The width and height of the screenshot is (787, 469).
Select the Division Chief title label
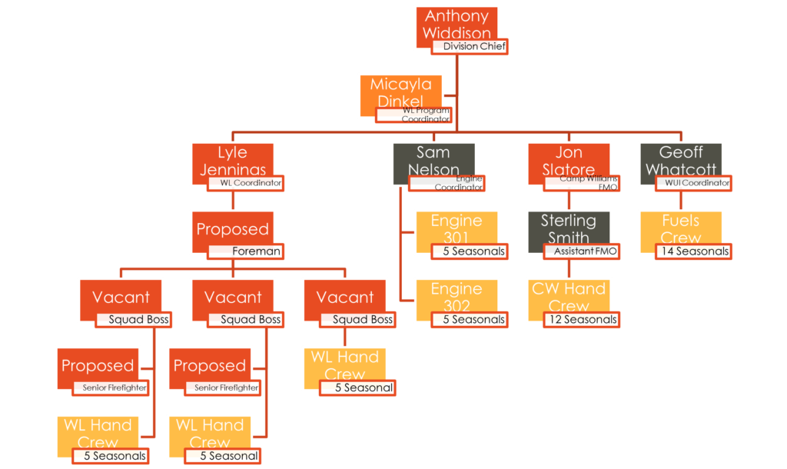coord(470,47)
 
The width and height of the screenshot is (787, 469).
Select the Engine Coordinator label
coord(447,184)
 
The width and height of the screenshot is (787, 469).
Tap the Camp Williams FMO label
coord(582,184)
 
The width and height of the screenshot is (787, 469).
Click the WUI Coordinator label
coord(693,183)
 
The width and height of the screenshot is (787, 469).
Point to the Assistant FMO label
coord(582,251)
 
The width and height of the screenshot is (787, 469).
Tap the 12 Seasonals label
coord(582,320)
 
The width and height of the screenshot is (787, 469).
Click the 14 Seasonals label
coord(693,251)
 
